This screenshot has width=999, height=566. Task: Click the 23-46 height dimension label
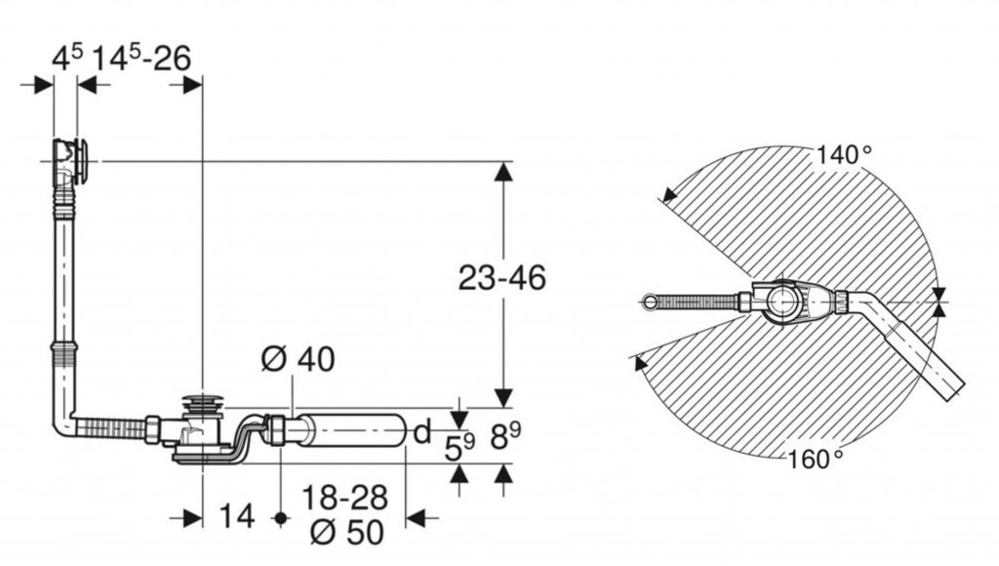(x=502, y=278)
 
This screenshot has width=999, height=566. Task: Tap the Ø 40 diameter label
(x=298, y=359)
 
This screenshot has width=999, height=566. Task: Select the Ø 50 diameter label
(x=347, y=532)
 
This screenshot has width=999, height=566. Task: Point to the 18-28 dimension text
(x=344, y=498)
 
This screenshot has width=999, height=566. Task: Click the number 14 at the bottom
(x=237, y=515)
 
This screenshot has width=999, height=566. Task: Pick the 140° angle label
(x=844, y=154)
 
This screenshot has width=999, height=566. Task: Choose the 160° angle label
(x=816, y=459)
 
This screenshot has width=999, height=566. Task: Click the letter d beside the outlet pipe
(x=421, y=432)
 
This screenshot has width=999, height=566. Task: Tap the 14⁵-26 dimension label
(x=142, y=60)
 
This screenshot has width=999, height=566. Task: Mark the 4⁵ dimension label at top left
(x=67, y=60)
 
